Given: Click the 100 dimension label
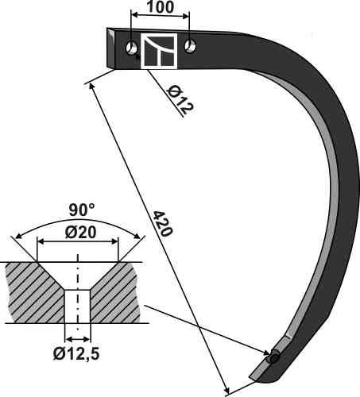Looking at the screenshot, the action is coord(161,7).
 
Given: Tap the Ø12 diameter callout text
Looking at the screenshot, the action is coord(180,100).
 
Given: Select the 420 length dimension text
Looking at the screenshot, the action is coord(163,224).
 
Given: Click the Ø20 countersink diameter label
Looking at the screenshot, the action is coord(80,233).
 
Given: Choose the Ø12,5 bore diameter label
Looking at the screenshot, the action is coord(76,353).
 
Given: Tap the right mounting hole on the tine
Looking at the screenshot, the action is coord(190,46).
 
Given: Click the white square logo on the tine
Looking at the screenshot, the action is coord(159,51).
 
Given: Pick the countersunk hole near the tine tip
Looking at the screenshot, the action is coord(274,357).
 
